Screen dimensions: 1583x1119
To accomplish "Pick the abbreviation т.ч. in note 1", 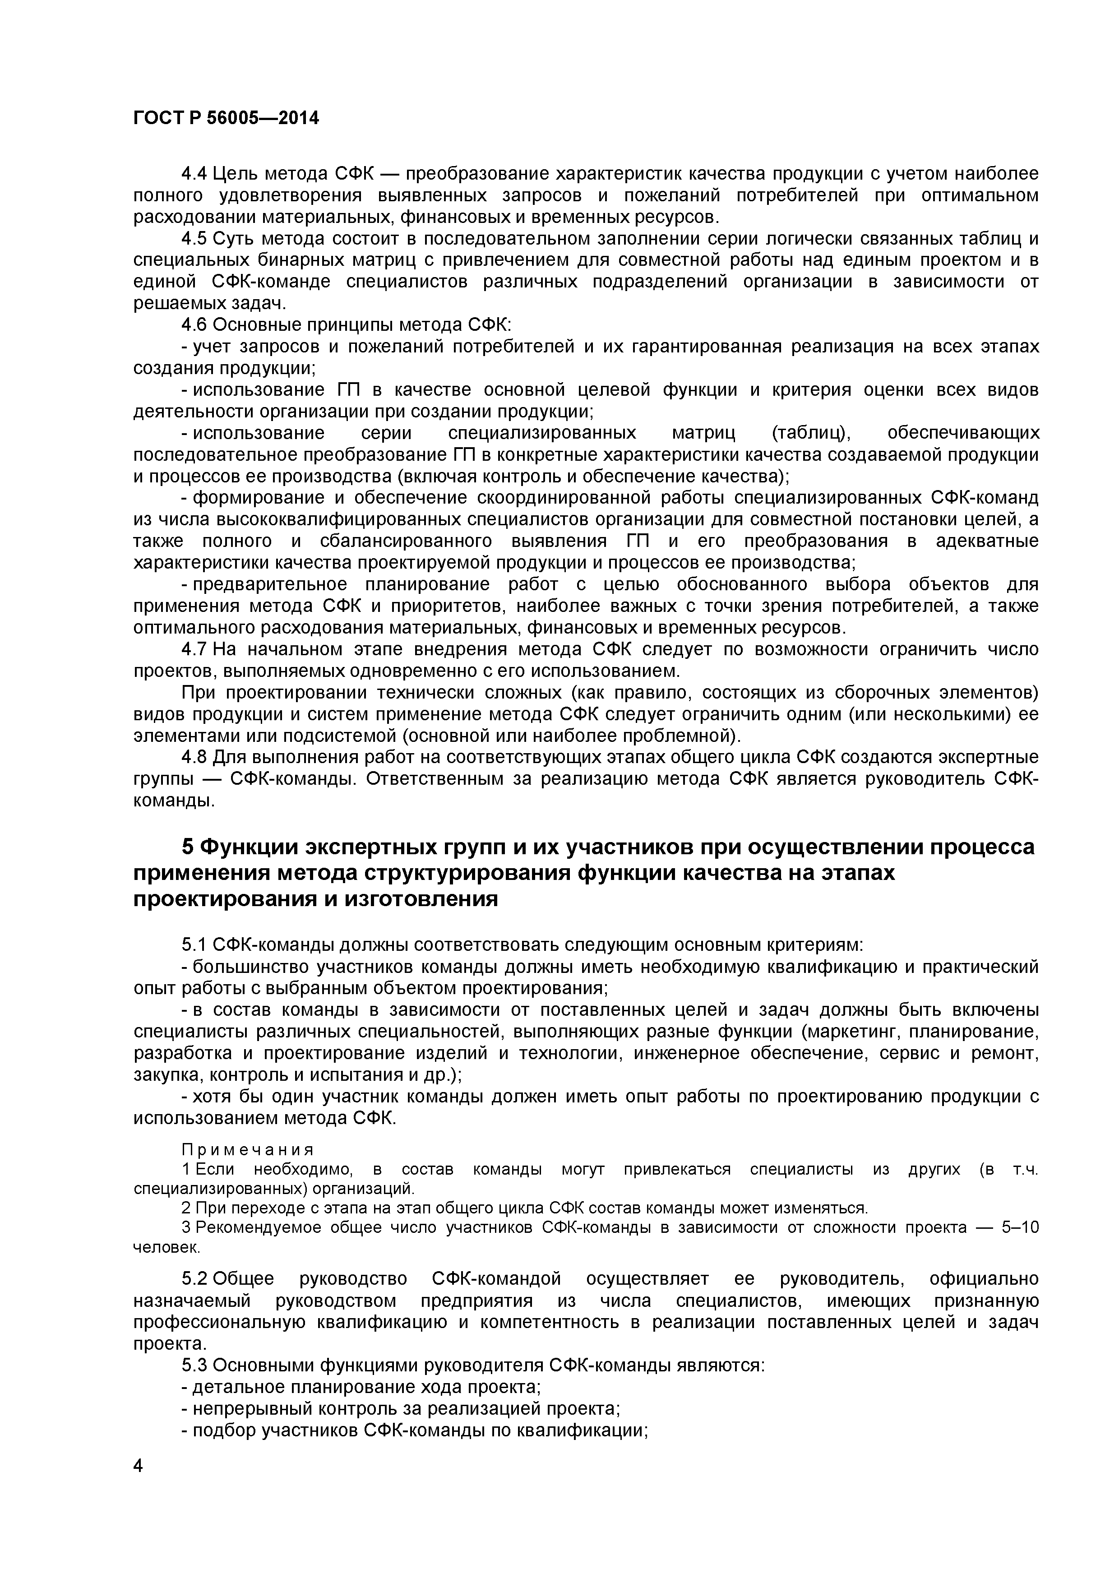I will [1025, 1170].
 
